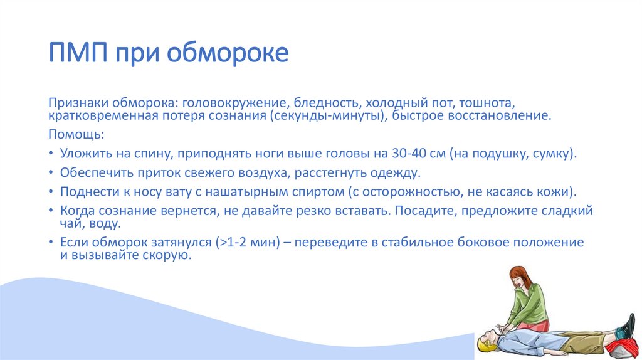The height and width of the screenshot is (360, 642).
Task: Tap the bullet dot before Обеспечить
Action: [51, 172]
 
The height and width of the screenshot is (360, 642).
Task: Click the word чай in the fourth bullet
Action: [70, 223]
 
